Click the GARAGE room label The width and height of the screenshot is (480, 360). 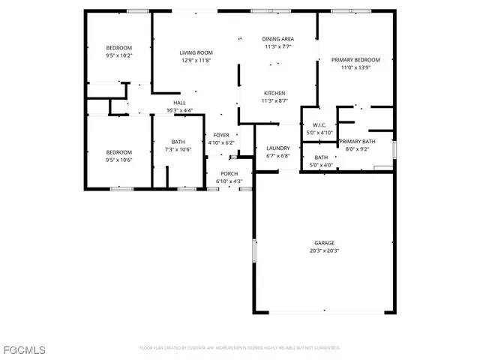click(324, 243)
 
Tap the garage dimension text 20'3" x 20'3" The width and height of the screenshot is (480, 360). click(324, 250)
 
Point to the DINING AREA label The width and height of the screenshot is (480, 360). click(277, 39)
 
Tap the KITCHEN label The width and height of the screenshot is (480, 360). click(274, 93)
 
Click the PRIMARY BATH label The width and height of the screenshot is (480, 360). click(357, 141)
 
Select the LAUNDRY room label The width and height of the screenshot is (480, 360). click(277, 148)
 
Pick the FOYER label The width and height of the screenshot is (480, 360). click(221, 135)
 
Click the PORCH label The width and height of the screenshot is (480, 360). click(229, 173)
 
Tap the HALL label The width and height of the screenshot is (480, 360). click(179, 103)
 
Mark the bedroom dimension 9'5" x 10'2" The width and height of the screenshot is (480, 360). click(118, 55)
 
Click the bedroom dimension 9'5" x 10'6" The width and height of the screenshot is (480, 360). click(118, 159)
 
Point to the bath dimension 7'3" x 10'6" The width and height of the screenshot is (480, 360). click(178, 149)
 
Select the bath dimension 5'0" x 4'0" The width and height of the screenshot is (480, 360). click(321, 165)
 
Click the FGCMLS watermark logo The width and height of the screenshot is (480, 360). click(24, 350)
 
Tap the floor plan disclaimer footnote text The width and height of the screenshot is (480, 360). click(240, 348)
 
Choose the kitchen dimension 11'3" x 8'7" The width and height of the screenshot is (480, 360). click(274, 100)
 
